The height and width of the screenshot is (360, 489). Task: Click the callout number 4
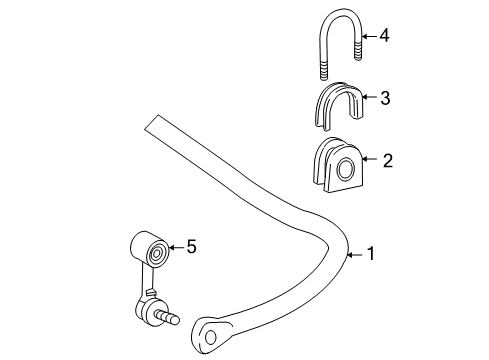click(x=384, y=35)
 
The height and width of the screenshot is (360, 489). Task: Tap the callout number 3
click(x=384, y=97)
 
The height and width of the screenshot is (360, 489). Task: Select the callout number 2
click(x=384, y=158)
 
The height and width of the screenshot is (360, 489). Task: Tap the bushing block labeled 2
click(x=329, y=168)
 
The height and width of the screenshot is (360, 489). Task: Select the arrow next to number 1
click(x=352, y=255)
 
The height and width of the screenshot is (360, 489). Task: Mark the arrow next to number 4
click(x=365, y=35)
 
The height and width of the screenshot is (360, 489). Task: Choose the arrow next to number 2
click(x=364, y=158)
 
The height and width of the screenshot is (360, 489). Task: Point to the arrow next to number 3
click(x=364, y=97)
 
